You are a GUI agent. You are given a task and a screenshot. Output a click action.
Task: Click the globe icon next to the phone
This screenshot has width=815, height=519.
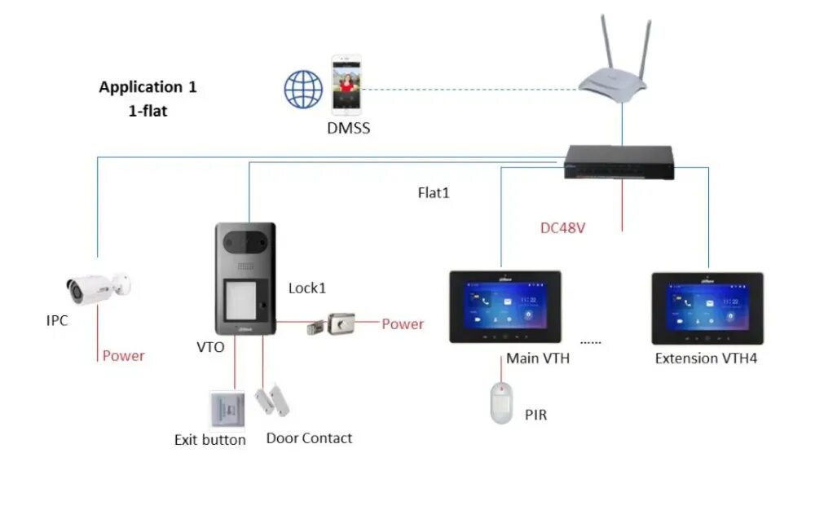pyautogui.click(x=303, y=89)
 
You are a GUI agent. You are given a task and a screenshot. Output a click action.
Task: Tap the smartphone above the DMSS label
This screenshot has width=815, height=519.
pyautogui.click(x=346, y=84)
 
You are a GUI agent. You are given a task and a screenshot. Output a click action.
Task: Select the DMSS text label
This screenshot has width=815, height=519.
pyautogui.click(x=349, y=128)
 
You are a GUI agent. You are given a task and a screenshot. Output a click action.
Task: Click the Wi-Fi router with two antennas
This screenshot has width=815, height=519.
pyautogui.click(x=613, y=73)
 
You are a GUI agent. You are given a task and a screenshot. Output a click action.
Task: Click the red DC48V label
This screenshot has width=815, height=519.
pyautogui.click(x=562, y=228)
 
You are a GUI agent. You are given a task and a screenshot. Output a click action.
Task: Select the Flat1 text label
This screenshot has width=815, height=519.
pyautogui.click(x=433, y=193)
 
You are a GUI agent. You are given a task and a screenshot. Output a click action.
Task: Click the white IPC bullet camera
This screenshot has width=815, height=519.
pyautogui.click(x=97, y=286)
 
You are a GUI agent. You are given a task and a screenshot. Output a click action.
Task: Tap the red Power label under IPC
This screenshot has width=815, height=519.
pyautogui.click(x=123, y=355)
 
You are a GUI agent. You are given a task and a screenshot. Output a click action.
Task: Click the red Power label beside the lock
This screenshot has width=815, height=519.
pyautogui.click(x=403, y=323)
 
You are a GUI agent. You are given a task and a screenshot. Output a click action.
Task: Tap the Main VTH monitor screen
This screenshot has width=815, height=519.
pyautogui.click(x=504, y=306)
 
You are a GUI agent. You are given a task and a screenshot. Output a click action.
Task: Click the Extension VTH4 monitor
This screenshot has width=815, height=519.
pyautogui.click(x=707, y=307)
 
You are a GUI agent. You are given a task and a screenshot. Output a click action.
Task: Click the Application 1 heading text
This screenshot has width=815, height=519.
pyautogui.click(x=148, y=86)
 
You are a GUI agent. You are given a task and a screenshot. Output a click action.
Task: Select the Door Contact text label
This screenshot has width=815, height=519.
pyautogui.click(x=309, y=438)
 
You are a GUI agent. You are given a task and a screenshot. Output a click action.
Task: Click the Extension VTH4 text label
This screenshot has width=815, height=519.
pyautogui.click(x=706, y=358)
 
